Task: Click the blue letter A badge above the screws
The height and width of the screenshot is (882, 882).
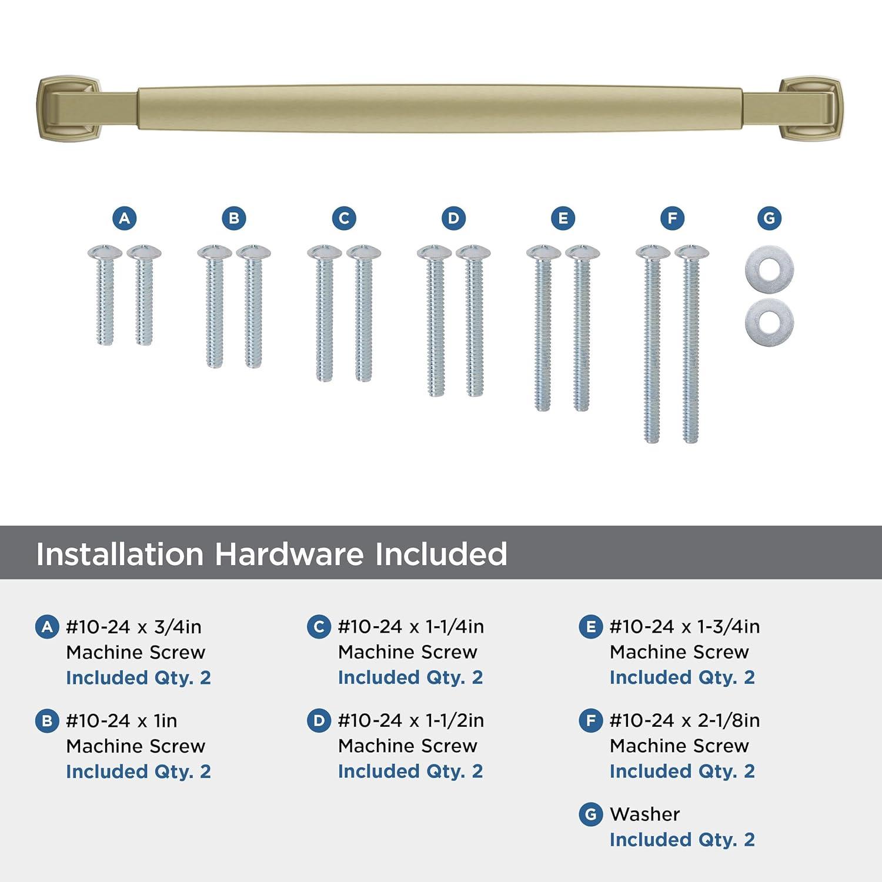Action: coord(125,218)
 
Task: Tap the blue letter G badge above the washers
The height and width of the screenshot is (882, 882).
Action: coord(769,218)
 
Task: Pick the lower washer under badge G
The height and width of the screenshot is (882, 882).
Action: coord(769,322)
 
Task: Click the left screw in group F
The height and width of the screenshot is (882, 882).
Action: coord(652,347)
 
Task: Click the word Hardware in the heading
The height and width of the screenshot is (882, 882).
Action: coord(289,554)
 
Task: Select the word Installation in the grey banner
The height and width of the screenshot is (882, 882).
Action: coord(119,554)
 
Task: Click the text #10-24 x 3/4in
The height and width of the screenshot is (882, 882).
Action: coord(133,627)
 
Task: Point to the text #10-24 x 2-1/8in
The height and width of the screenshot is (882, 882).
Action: coord(684,720)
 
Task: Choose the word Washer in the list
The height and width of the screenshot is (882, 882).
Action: coord(644,814)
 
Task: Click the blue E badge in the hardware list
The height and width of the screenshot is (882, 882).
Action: coord(590,627)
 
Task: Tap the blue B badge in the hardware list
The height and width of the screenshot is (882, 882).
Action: coord(47,721)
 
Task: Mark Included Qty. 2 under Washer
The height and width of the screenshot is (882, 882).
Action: coord(682,840)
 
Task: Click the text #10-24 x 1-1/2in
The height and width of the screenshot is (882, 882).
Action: coord(411,720)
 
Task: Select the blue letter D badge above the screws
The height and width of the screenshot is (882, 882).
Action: coord(453,218)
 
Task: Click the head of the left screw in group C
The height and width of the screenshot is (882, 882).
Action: coord(324,252)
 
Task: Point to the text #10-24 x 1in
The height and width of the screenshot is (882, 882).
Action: coord(122,721)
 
